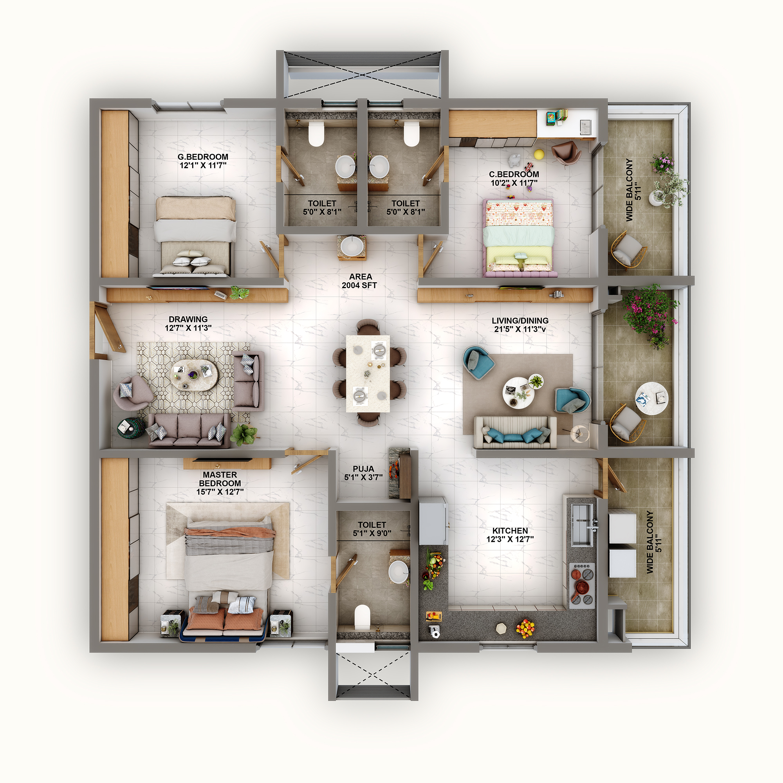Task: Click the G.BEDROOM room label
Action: [203, 157]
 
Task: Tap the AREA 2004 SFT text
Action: [360, 281]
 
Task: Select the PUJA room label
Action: [363, 469]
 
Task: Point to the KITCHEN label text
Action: [510, 531]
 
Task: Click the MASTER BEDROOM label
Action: [220, 479]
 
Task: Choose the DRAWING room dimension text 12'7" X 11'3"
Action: [188, 328]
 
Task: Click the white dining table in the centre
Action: [368, 373]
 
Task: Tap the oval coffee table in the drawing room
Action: [194, 375]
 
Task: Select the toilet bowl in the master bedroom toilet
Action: [362, 617]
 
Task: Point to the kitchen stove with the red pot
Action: [582, 586]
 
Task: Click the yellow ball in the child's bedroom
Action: [539, 154]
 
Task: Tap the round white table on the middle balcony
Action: [651, 398]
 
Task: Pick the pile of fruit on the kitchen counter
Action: [525, 628]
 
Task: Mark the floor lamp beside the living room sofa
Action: [579, 433]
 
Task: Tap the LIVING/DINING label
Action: [520, 321]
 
